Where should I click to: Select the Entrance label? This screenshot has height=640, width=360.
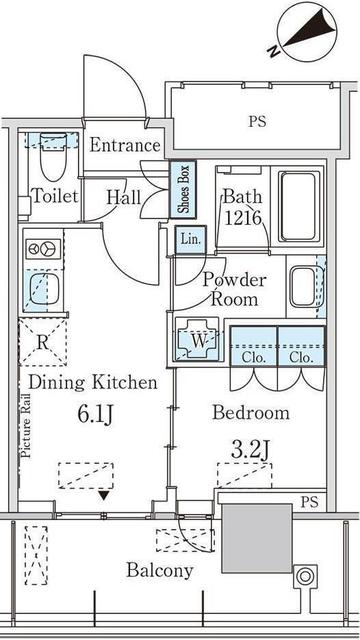pyautogui.click(x=124, y=146)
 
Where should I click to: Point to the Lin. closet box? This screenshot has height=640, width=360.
pyautogui.click(x=190, y=239)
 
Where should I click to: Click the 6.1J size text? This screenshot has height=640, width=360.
pyautogui.click(x=95, y=412)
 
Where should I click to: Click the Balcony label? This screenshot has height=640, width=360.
pyautogui.click(x=160, y=570)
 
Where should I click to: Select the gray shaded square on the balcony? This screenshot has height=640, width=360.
pyautogui.click(x=256, y=550)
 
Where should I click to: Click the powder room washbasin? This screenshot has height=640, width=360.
pyautogui.click(x=302, y=288)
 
